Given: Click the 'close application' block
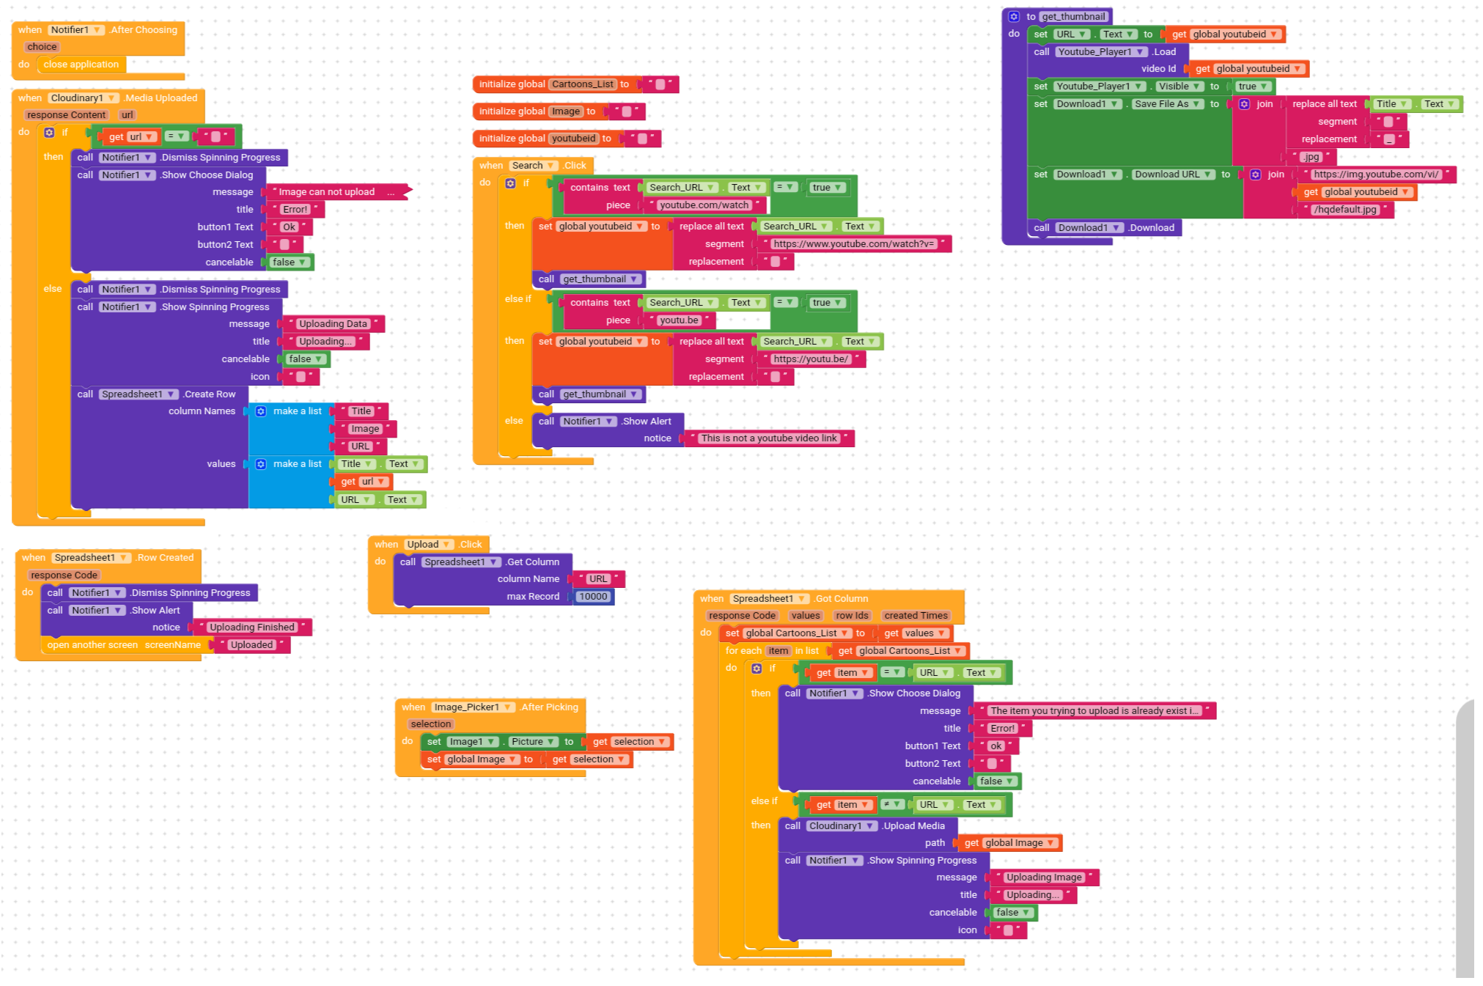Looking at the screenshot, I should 81,65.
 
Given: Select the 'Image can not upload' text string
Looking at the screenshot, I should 326,192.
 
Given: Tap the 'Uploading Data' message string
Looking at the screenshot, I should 333,324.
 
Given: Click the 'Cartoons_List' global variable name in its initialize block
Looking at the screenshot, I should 583,84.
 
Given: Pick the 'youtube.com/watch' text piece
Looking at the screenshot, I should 704,205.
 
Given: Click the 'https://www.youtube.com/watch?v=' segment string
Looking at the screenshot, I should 854,244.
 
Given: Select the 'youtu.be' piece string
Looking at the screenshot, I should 678,320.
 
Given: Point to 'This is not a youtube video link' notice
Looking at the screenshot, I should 768,438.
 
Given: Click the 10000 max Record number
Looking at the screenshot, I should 593,597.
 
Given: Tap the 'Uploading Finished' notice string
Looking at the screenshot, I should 251,628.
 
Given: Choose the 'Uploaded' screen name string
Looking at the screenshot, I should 251,645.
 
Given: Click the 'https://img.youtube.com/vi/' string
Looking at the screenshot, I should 1376,174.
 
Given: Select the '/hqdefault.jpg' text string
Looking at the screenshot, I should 1345,210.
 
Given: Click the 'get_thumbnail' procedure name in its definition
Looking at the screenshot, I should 1073,17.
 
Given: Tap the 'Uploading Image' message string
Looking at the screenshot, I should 1043,878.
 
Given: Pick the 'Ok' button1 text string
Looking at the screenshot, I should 290,227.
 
